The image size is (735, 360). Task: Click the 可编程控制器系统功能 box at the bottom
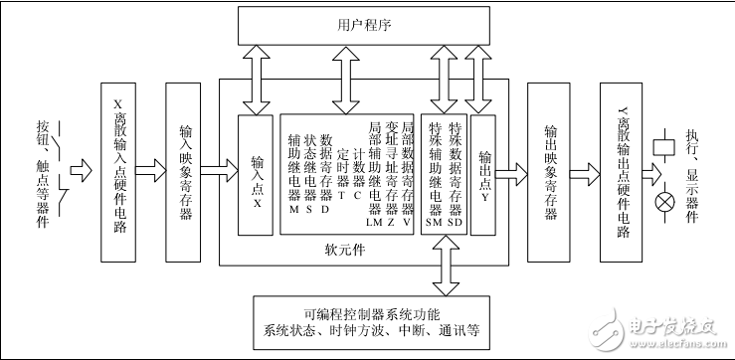[371, 323]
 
